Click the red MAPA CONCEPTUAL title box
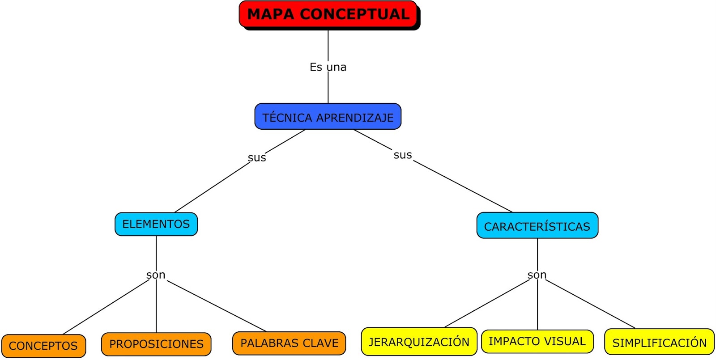pos(328,14)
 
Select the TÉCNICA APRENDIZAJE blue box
pos(328,117)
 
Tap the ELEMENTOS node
pos(156,224)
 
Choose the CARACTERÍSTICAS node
pos(537,226)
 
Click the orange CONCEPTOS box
pos(43,346)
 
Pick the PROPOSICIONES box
pos(156,344)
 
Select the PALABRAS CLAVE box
pos(289,343)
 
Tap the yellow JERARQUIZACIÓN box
pos(419,342)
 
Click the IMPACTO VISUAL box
pos(537,341)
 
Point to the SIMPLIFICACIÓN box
pos(659,343)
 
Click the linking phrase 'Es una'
pos(328,67)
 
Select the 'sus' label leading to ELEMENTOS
pos(257,157)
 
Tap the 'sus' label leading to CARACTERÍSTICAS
pos(402,155)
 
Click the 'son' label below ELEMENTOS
pos(156,275)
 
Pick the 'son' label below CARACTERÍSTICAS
pos(537,275)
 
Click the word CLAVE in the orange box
pos(321,343)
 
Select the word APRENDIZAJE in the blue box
pos(355,118)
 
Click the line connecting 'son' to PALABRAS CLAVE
pos(217,306)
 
